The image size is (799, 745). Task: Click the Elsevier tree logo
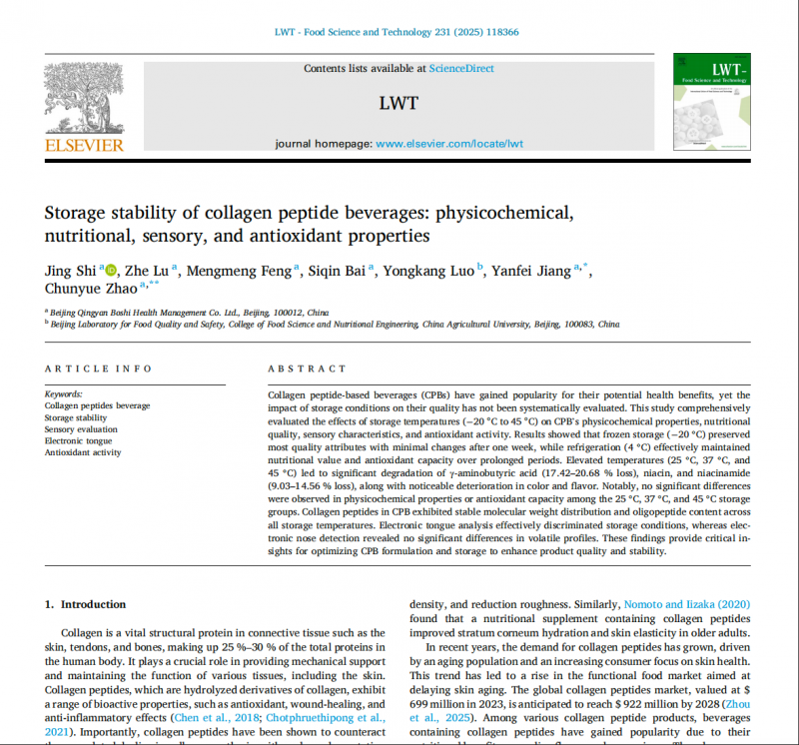click(x=84, y=99)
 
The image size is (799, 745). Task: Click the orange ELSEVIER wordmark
click(x=84, y=146)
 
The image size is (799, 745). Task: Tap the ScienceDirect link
click(x=460, y=69)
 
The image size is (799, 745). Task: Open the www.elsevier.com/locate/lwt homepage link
click(x=449, y=144)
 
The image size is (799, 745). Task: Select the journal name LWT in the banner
click(x=399, y=103)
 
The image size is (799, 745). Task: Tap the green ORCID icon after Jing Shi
click(x=110, y=270)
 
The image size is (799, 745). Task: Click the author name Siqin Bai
click(x=342, y=270)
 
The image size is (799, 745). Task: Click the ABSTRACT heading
click(x=308, y=370)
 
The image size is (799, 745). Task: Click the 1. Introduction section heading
click(x=86, y=604)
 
